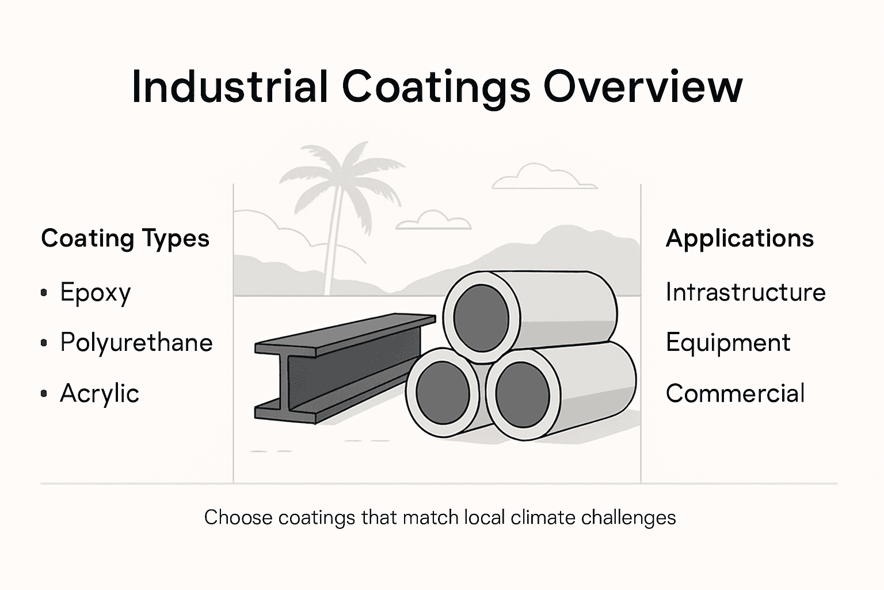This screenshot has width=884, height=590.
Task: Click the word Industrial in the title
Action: pyautogui.click(x=230, y=86)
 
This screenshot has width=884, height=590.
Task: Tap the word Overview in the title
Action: pyautogui.click(x=643, y=86)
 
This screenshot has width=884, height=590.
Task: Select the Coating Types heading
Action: pyautogui.click(x=125, y=239)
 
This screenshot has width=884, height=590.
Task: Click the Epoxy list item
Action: pyautogui.click(x=96, y=293)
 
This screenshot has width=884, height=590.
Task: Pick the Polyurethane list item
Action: pyautogui.click(x=136, y=343)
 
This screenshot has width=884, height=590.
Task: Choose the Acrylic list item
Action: pyautogui.click(x=100, y=394)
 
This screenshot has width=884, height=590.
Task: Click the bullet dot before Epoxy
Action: pyautogui.click(x=44, y=293)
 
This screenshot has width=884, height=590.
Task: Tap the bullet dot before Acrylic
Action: pyautogui.click(x=44, y=394)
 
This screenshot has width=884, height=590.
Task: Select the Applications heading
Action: pyautogui.click(x=740, y=239)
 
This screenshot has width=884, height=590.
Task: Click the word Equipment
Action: pyautogui.click(x=728, y=343)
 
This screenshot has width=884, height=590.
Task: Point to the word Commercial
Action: pyautogui.click(x=735, y=394)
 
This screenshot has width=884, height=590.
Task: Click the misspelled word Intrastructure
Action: pyautogui.click(x=745, y=292)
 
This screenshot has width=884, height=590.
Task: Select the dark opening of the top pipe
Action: pyautogui.click(x=481, y=315)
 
